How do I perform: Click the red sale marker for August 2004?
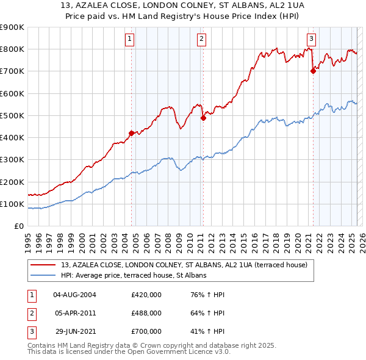(131, 132)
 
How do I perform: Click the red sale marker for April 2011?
(203, 118)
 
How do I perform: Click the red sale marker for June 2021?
(313, 71)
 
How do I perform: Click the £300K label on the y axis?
(12, 159)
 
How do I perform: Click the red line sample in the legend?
(44, 265)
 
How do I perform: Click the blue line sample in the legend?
(44, 275)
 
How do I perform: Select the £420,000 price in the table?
(146, 294)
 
